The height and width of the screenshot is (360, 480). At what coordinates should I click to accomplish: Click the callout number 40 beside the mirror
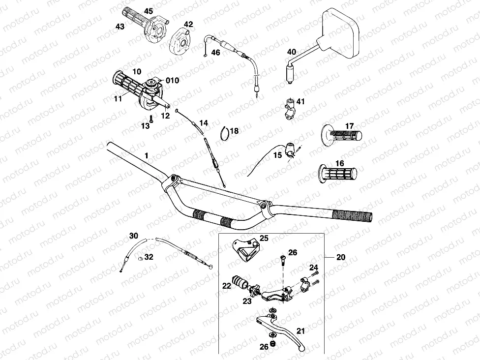[x=291, y=52]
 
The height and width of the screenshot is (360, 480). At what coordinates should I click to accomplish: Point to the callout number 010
[x=172, y=80]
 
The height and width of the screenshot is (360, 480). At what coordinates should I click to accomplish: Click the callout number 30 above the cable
[x=134, y=236]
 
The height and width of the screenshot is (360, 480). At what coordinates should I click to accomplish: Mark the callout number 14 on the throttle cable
[x=204, y=122]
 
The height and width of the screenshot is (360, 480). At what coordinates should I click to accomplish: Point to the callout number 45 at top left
[x=149, y=11]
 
